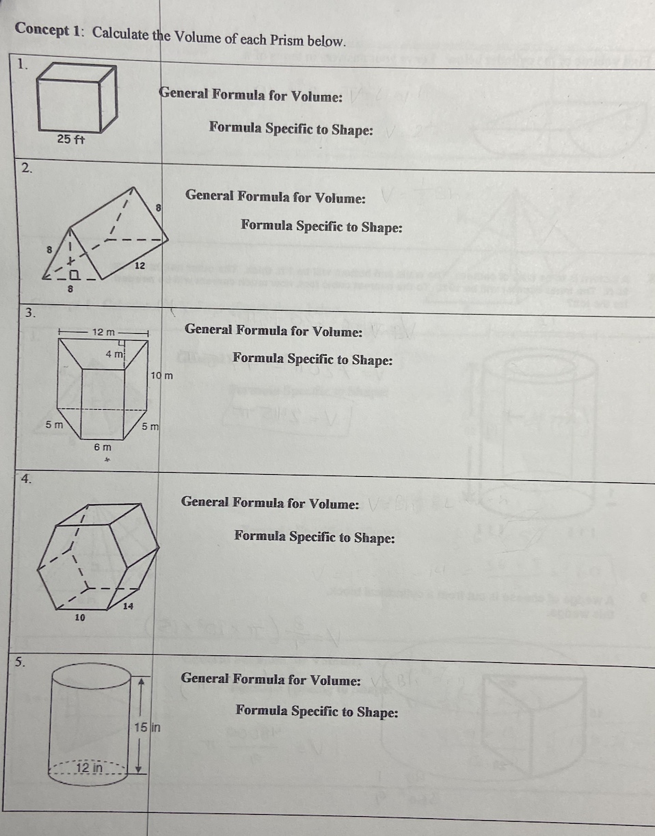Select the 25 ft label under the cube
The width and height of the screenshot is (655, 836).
[70, 139]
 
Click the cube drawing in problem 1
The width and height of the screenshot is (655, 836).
[77, 97]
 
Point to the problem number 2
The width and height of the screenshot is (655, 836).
[25, 168]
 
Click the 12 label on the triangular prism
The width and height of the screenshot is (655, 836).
[138, 264]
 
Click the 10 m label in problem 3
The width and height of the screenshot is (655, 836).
[161, 375]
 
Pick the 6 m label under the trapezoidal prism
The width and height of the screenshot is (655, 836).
[102, 447]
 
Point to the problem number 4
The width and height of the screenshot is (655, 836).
[25, 479]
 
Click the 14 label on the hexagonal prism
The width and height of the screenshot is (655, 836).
[128, 605]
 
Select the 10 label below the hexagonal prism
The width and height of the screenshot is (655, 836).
[80, 617]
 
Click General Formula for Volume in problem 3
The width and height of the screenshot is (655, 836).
[273, 330]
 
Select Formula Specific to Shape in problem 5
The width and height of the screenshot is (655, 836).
[317, 711]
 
